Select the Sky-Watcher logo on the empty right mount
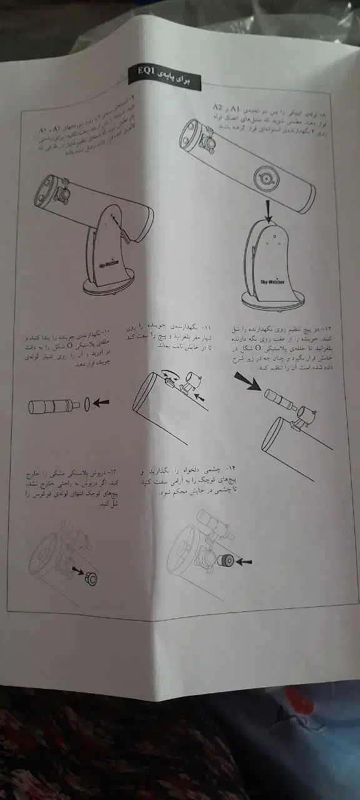pos(273,282)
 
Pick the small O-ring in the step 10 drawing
pos(86,404)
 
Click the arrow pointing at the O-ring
pos(100,403)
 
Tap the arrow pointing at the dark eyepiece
pos(241,561)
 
